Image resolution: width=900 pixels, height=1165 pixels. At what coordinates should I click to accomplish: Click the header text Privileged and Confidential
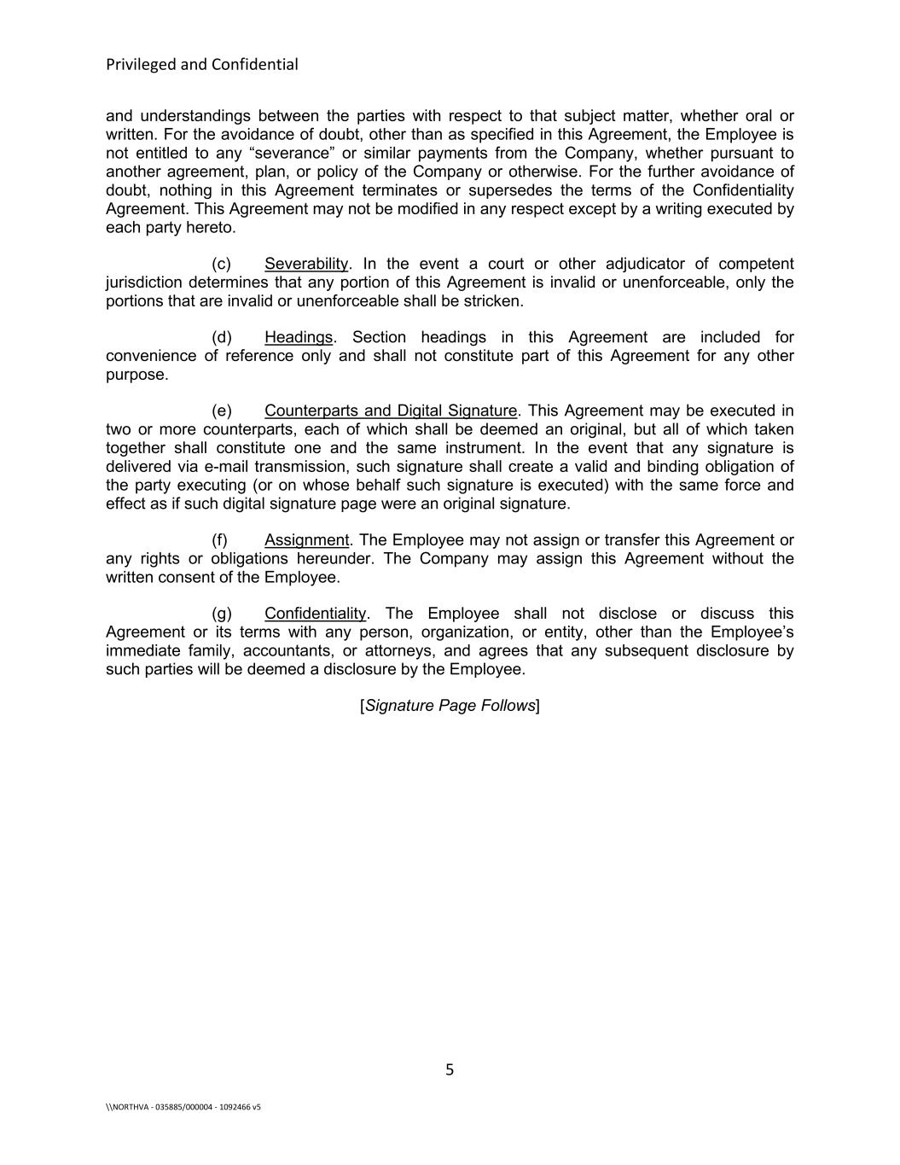[202, 65]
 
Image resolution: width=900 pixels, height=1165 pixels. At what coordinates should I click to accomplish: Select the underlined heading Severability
[306, 264]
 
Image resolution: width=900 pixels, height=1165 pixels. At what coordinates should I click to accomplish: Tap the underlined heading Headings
[298, 337]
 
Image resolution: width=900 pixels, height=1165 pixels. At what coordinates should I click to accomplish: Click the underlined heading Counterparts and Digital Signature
[391, 411]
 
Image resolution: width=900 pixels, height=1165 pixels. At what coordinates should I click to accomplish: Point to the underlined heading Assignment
[306, 540]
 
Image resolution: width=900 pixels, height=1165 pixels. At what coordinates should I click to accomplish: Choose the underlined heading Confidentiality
[315, 614]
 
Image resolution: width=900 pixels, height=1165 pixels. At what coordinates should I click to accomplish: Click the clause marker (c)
[221, 264]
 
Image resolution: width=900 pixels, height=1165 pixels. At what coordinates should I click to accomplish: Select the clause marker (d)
[221, 337]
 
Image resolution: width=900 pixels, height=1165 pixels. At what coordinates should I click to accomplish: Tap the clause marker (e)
[221, 411]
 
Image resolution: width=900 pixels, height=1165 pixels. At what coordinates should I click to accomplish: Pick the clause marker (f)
[219, 540]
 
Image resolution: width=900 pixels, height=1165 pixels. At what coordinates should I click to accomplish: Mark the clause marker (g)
[221, 614]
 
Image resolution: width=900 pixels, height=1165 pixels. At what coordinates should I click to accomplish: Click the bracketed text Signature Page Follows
[450, 706]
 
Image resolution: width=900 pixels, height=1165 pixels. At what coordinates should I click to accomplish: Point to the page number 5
[450, 1070]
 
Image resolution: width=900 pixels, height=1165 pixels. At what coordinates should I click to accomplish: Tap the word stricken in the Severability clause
[492, 301]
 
